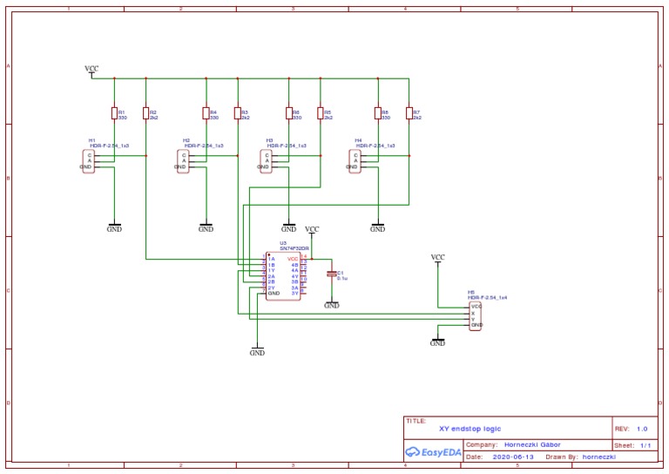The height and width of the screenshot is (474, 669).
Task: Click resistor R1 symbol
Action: point(114,112)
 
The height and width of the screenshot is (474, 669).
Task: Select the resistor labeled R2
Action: point(145,112)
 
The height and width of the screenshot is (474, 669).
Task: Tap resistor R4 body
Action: point(206,112)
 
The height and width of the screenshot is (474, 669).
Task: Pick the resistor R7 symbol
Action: point(409,112)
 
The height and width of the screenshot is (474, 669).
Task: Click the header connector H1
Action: point(87,161)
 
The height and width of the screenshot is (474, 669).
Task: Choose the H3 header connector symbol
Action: point(266,161)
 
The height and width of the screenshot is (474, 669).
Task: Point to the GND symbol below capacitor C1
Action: point(331,305)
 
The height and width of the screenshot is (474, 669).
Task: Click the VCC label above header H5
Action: point(437,258)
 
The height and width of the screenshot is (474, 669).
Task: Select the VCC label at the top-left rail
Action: point(91,69)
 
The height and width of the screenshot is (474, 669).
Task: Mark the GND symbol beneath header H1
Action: point(114,228)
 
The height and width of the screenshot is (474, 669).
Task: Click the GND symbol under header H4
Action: point(377,228)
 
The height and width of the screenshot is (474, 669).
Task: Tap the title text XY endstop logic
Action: point(470,429)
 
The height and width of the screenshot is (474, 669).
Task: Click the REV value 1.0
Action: point(642,429)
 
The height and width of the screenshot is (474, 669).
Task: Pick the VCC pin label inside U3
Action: point(293,259)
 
